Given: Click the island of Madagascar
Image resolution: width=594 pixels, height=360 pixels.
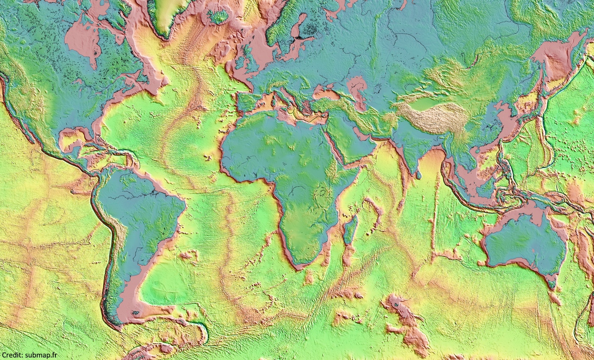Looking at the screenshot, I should (x=350, y=229).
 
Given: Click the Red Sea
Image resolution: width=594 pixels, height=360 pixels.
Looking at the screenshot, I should (x=337, y=144).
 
